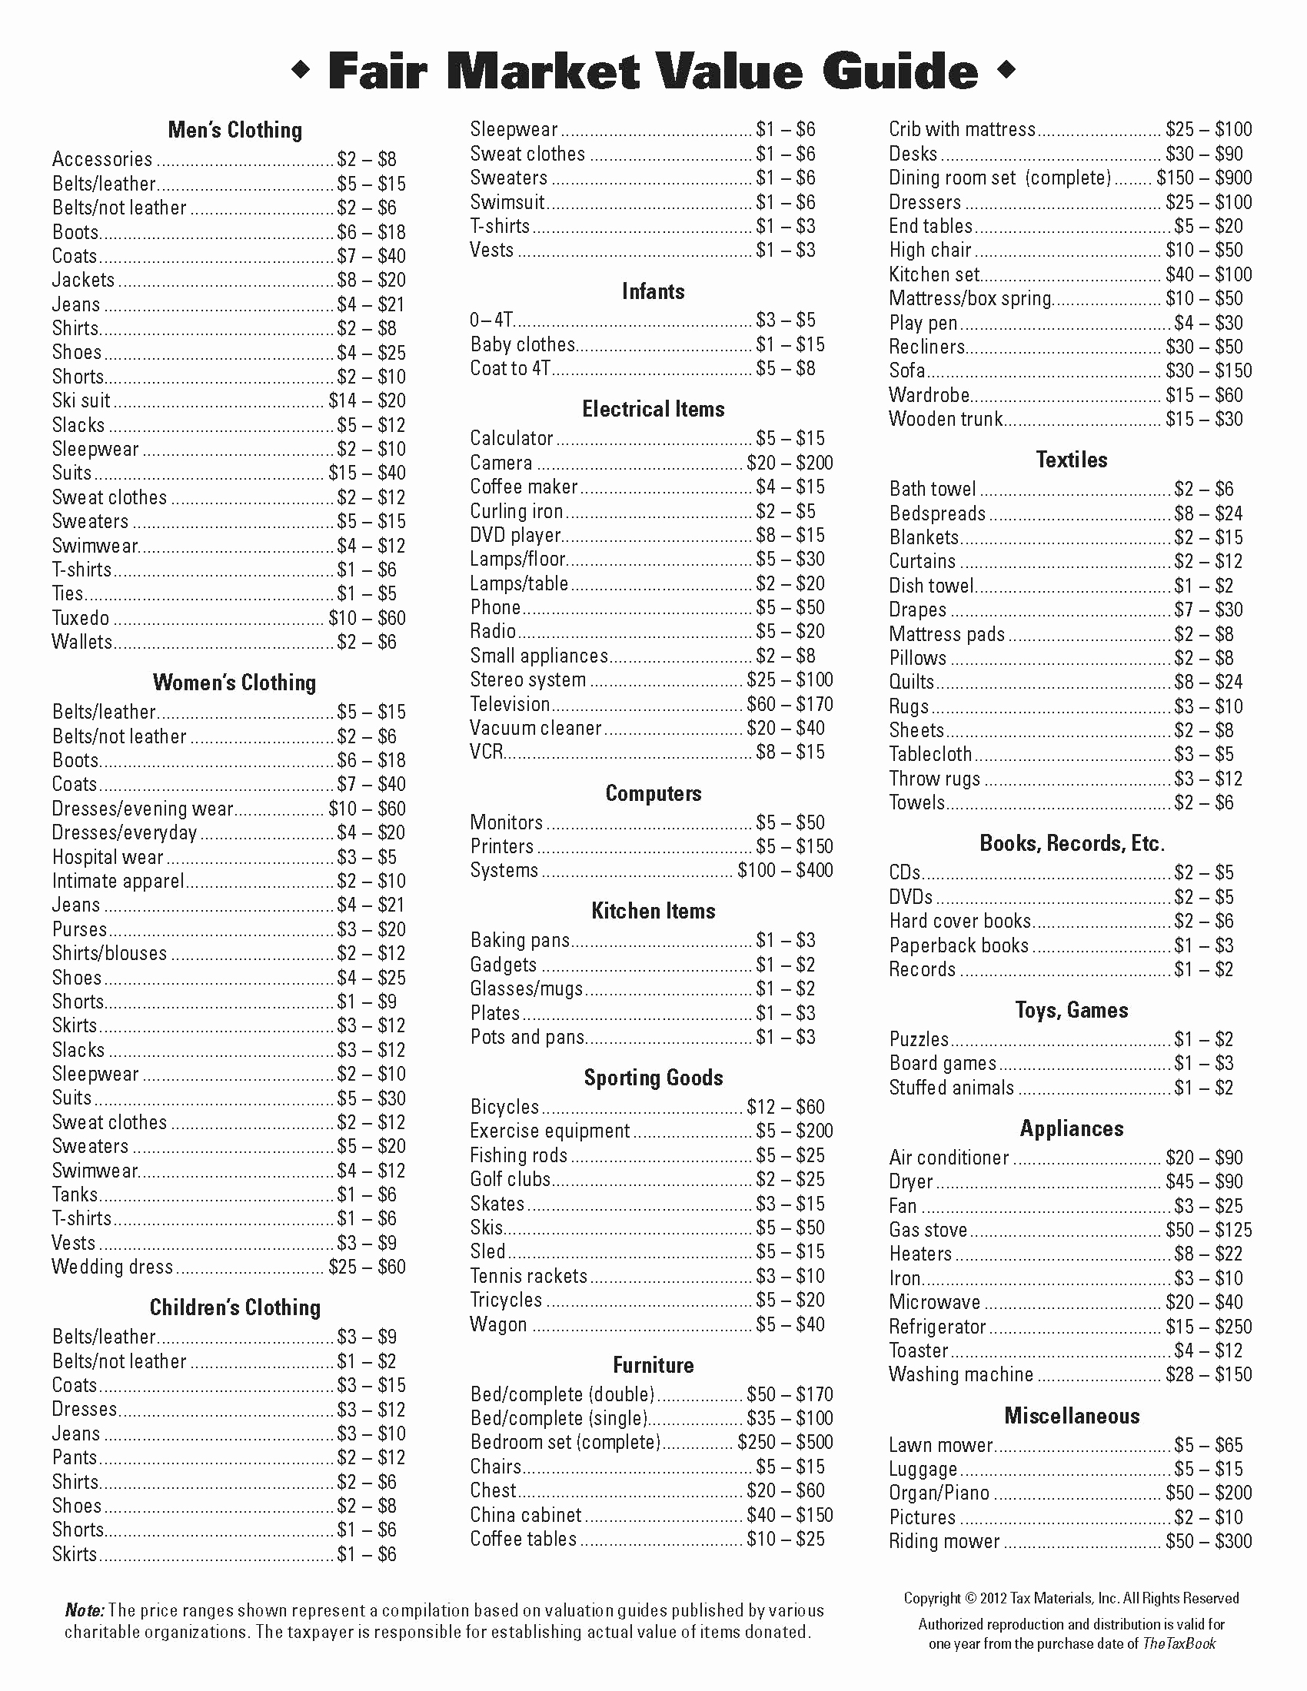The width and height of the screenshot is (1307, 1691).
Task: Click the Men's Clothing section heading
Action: tap(234, 130)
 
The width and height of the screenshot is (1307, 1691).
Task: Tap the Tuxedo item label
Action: tap(81, 618)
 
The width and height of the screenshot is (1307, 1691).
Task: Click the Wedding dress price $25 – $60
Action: tap(367, 1267)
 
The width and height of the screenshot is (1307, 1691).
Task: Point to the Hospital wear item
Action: tap(108, 857)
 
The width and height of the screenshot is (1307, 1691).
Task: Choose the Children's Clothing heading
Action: tap(234, 1307)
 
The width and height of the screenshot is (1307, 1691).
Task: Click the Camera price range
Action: tap(790, 463)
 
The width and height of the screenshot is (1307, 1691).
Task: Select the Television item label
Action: tap(510, 704)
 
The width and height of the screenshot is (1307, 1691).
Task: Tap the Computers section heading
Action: tap(653, 794)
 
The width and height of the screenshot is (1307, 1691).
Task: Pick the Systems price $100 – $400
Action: tap(785, 870)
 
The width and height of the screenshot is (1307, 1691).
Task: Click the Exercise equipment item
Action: tap(550, 1131)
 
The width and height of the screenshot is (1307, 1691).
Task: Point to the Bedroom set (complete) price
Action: tap(785, 1443)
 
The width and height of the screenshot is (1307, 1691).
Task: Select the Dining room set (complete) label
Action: tap(999, 178)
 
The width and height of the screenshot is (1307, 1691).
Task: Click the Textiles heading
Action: tap(1072, 460)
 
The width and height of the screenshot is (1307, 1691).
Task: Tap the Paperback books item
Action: tap(959, 945)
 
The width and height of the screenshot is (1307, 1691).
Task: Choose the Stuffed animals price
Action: tap(1203, 1088)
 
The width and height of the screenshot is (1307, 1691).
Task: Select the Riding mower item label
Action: tap(944, 1542)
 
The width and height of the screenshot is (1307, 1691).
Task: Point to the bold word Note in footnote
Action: tap(84, 1610)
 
